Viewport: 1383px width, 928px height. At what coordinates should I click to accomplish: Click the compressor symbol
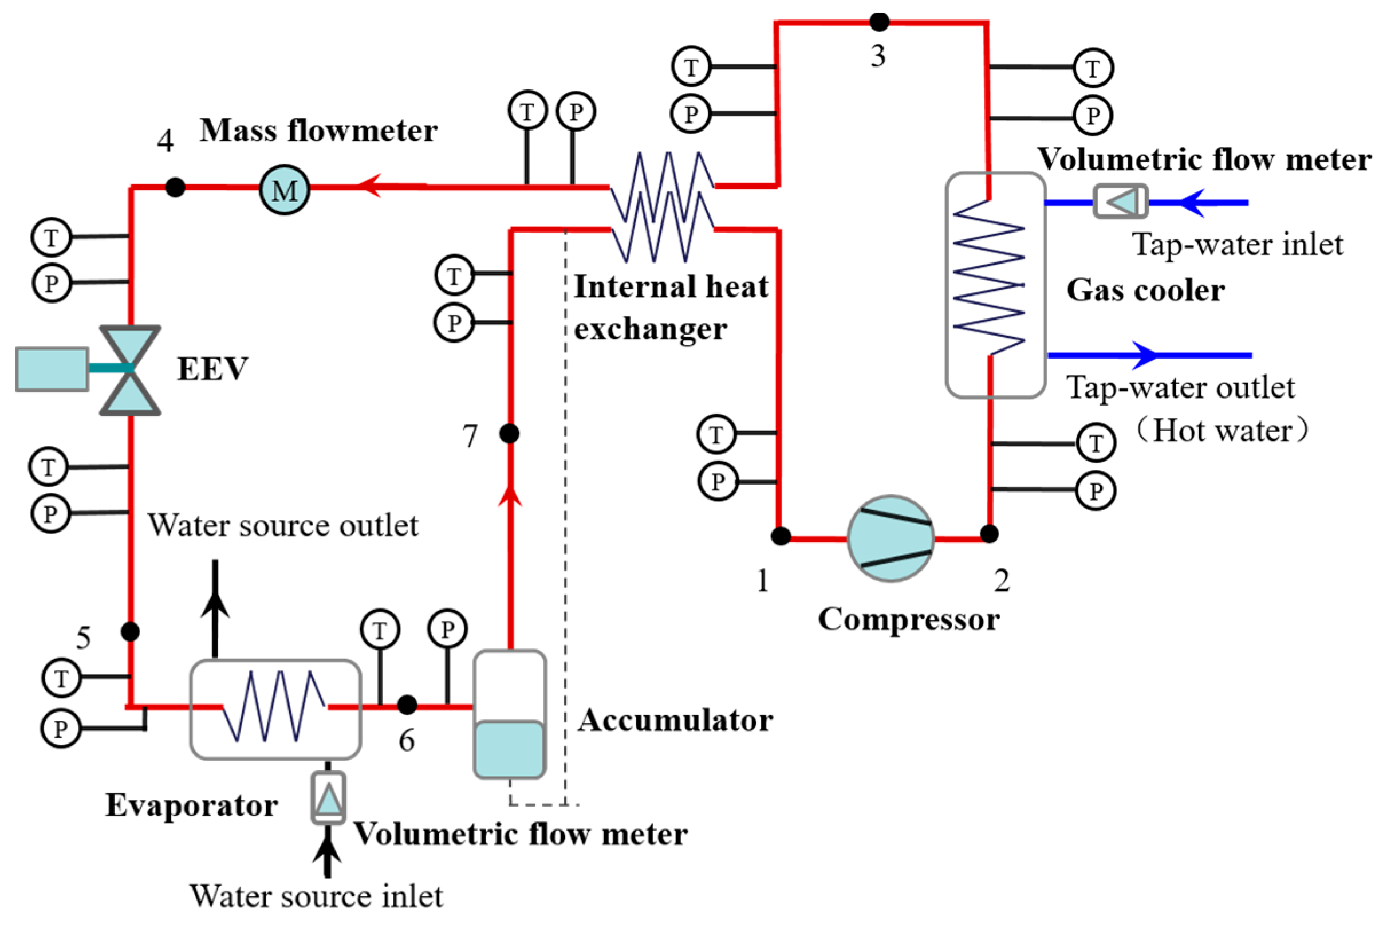pyautogui.click(x=891, y=538)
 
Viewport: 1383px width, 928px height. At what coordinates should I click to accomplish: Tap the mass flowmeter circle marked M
pyautogui.click(x=285, y=190)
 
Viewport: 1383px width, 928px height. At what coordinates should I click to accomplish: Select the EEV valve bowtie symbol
pyautogui.click(x=130, y=370)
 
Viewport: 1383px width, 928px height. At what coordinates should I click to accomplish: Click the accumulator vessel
pyautogui.click(x=509, y=714)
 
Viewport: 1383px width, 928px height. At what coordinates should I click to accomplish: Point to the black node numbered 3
pyautogui.click(x=879, y=22)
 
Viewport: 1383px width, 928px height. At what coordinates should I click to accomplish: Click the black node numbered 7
pyautogui.click(x=509, y=433)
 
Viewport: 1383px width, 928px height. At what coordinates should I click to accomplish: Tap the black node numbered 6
pyautogui.click(x=407, y=704)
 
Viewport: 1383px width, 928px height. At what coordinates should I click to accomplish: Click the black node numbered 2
pyautogui.click(x=989, y=533)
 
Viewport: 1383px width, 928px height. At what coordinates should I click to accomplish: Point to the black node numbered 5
pyautogui.click(x=130, y=631)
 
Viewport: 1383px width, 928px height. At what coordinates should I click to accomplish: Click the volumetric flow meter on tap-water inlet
pyautogui.click(x=1120, y=202)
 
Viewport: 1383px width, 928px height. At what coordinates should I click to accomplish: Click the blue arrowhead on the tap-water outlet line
pyautogui.click(x=1145, y=355)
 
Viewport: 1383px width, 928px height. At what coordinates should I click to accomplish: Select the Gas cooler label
pyautogui.click(x=1145, y=290)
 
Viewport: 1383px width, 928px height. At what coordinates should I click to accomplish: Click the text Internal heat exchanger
pyautogui.click(x=670, y=308)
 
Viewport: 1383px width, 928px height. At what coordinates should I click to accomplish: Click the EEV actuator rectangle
pyautogui.click(x=52, y=369)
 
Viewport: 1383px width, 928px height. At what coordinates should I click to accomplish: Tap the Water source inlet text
pyautogui.click(x=316, y=896)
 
